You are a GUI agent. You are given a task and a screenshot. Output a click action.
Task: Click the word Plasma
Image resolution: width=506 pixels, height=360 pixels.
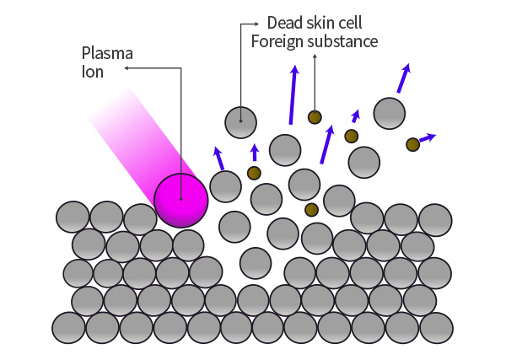[x=107, y=54]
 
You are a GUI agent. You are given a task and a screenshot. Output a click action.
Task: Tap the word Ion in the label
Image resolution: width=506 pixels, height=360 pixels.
[x=93, y=72]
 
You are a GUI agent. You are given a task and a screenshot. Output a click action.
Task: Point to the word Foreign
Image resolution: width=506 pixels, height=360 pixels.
[x=277, y=42]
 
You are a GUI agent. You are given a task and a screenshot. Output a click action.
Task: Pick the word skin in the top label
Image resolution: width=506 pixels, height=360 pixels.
[x=320, y=23]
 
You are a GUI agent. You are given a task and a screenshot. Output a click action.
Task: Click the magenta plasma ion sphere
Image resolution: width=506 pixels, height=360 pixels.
[x=181, y=201]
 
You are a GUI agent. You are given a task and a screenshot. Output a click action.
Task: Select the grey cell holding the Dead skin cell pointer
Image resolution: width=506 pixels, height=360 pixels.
[x=240, y=122]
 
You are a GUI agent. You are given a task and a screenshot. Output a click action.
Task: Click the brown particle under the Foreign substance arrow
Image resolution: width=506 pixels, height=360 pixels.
[x=315, y=117]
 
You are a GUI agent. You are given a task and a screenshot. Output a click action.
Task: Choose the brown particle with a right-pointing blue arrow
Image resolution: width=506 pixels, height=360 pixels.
[x=412, y=144]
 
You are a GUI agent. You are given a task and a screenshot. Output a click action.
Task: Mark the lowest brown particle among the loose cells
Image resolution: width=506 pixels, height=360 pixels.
[x=311, y=210]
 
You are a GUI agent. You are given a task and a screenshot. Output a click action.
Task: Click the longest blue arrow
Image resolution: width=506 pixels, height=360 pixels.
[x=293, y=94]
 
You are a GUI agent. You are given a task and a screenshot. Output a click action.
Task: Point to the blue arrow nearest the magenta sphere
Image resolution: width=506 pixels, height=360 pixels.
[x=218, y=158]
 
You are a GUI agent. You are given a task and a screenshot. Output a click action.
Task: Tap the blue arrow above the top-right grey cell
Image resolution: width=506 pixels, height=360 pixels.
[x=404, y=78]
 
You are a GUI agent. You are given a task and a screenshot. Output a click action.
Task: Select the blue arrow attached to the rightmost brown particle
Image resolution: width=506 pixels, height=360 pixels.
[x=428, y=137]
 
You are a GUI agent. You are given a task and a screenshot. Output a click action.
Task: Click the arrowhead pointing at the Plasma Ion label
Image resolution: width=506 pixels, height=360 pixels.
[x=126, y=67]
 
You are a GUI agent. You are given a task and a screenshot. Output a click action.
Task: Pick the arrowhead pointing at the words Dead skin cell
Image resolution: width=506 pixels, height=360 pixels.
[x=256, y=24]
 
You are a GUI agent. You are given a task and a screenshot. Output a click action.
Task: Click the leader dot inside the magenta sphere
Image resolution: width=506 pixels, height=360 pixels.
[x=181, y=199]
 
